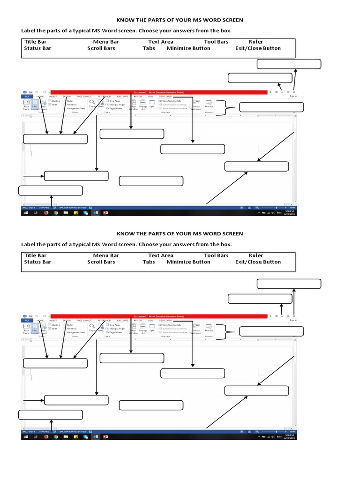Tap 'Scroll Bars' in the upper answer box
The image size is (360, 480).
tap(101, 48)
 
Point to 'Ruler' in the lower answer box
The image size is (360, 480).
tap(256, 255)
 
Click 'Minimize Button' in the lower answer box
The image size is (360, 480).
tap(188, 262)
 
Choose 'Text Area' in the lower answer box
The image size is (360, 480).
tap(160, 255)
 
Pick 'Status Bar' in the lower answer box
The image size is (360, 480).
tap(37, 262)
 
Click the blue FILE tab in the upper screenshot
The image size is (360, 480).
tap(27, 96)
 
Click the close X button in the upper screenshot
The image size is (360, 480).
tap(294, 92)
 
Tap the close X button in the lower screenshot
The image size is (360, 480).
tap(294, 316)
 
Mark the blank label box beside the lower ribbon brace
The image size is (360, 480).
tap(271, 332)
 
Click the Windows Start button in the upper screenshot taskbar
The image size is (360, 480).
tap(24, 212)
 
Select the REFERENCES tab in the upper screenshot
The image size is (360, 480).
tap(104, 96)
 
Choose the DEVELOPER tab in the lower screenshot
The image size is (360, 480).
tap(165, 320)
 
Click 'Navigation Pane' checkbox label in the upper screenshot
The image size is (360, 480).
tap(75, 108)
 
